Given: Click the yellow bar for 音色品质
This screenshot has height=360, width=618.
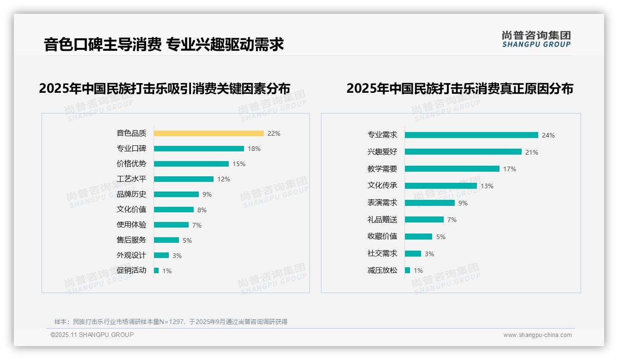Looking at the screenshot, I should tap(208, 133).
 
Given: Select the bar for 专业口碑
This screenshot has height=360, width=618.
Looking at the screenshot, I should tap(199, 149).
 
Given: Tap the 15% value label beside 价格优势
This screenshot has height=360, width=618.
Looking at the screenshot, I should tap(239, 164).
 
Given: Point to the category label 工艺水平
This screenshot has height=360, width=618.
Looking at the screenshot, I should tap(131, 179).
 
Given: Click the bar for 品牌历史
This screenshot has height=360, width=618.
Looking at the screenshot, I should tap(176, 194).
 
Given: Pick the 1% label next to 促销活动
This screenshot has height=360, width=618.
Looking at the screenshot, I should tap(167, 271).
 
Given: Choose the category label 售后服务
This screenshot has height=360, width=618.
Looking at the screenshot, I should tap(131, 240).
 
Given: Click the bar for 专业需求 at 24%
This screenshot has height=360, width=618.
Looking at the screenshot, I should tap(471, 135).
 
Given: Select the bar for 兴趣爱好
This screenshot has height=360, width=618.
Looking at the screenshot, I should tap(463, 152).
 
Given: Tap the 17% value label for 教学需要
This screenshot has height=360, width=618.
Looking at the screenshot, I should tap(510, 169).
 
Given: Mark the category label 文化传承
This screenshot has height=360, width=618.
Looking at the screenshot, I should tap(382, 186).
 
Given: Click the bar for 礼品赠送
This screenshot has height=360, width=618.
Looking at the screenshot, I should tap(424, 220).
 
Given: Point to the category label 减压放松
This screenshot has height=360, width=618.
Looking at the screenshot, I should tap(382, 270).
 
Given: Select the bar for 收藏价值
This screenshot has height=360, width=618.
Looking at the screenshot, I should tap(418, 236).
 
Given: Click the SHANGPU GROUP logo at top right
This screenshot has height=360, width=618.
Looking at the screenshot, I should tap(536, 39).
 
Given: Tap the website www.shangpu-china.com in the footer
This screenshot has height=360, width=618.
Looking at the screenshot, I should tap(537, 335).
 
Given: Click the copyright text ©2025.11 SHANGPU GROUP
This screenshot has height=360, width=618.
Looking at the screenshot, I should tap(92, 335).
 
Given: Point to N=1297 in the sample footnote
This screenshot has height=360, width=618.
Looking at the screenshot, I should tap(172, 322).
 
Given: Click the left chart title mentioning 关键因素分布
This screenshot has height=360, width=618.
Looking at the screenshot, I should tap(165, 88).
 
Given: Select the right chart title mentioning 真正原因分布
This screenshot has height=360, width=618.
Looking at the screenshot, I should tap(459, 88).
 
